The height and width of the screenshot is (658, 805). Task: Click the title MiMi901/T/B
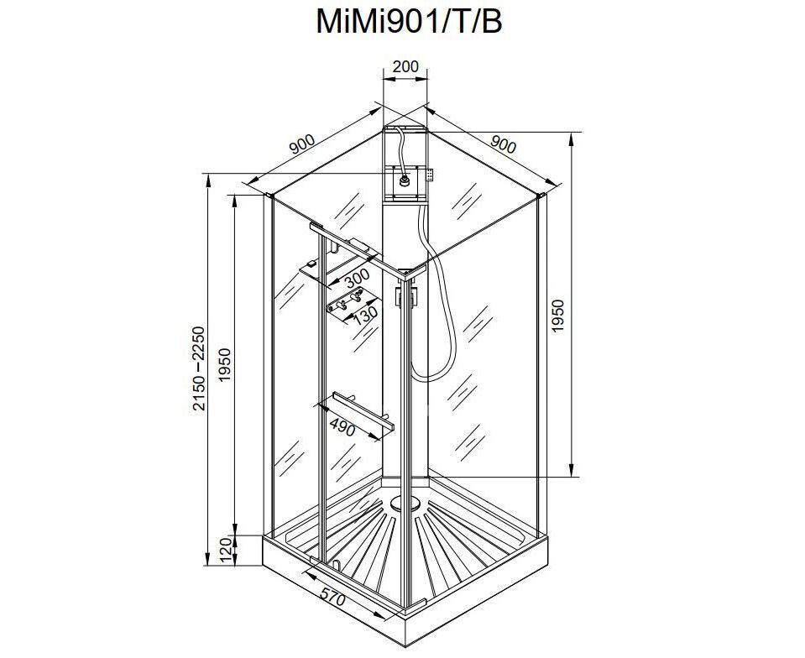coord(409,22)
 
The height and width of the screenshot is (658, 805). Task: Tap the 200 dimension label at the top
coord(405,67)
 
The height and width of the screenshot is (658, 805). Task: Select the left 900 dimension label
coord(302,144)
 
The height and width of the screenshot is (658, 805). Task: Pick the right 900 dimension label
coord(502,144)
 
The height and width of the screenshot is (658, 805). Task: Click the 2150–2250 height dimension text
coord(199,368)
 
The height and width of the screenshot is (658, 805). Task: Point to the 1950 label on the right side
coord(558,316)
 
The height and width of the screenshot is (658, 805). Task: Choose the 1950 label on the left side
coord(225,365)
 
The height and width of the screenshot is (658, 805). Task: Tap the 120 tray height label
coord(225,551)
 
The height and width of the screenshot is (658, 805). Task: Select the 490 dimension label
coord(342,427)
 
